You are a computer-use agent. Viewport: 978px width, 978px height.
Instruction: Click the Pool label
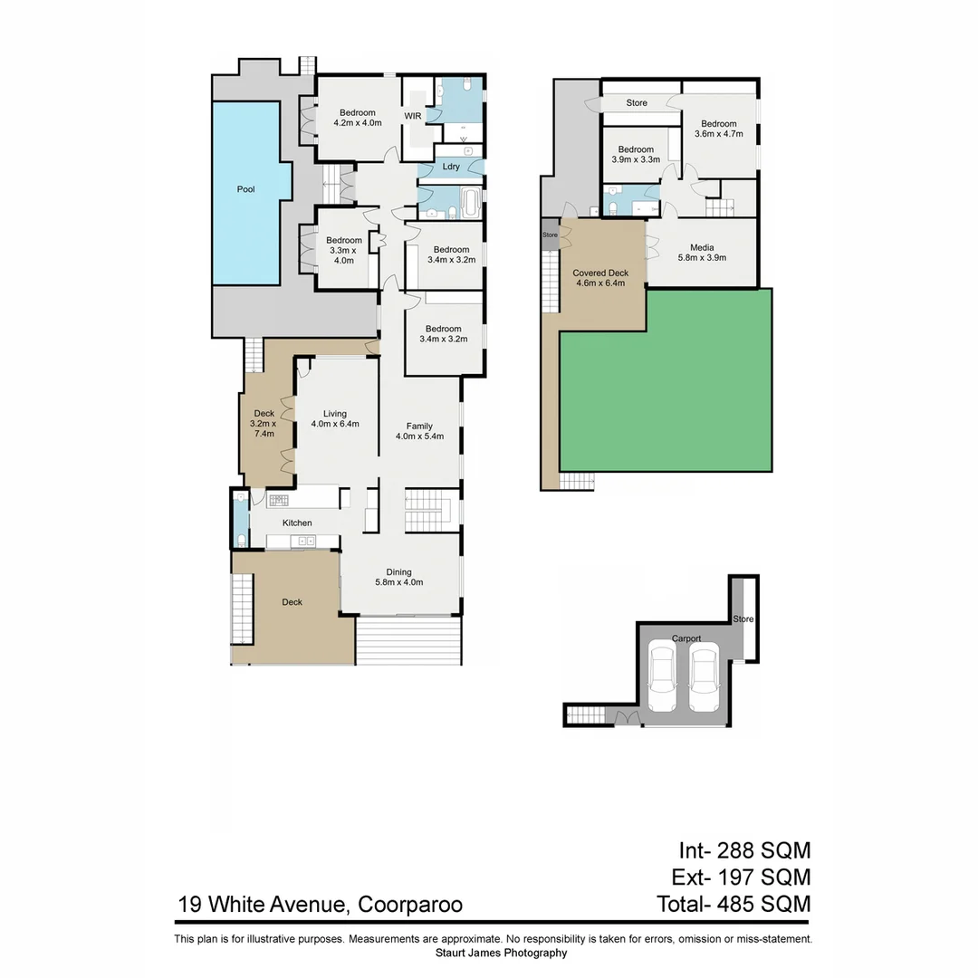[245, 189]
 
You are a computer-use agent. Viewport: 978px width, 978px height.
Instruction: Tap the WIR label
[413, 117]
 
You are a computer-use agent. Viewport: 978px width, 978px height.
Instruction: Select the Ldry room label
[451, 167]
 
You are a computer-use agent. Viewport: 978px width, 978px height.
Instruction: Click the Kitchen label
[297, 523]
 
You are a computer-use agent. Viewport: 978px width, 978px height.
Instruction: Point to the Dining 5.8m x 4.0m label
[398, 577]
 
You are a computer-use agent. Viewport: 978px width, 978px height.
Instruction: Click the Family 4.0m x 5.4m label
[419, 431]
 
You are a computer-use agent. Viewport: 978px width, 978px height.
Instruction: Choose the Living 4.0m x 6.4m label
[335, 419]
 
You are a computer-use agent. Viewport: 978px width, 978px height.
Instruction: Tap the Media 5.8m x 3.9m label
[702, 253]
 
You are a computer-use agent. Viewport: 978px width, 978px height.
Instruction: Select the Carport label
[686, 638]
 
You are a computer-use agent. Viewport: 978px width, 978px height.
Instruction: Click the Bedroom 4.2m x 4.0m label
[358, 118]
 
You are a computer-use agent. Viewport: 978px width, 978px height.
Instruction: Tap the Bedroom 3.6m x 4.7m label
[718, 129]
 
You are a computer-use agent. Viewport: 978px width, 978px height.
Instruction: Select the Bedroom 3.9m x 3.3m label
[636, 154]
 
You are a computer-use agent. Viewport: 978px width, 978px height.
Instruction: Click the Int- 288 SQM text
[744, 850]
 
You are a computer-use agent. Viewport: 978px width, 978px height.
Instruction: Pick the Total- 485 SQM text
[733, 904]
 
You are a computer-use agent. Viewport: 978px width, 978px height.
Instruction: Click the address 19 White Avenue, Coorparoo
[321, 904]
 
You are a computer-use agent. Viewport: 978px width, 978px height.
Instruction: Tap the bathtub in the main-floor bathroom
[471, 202]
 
